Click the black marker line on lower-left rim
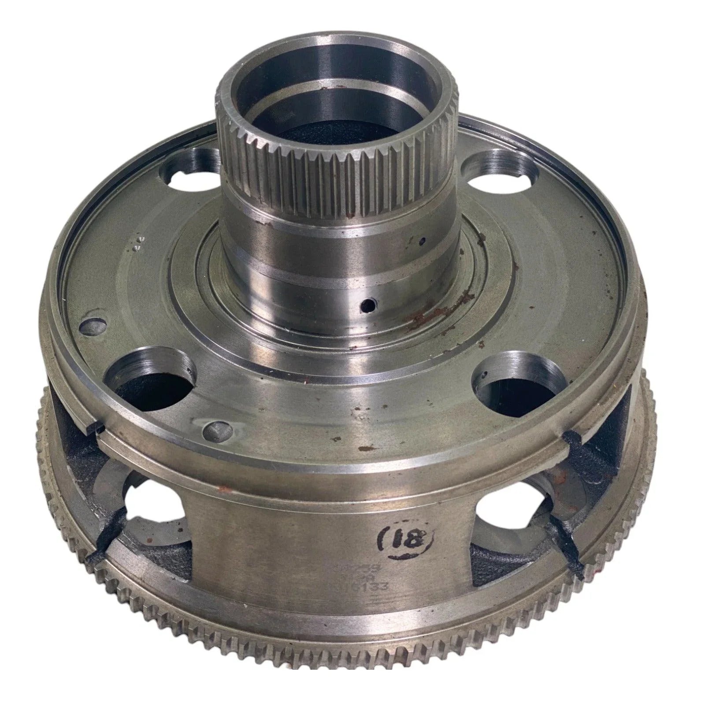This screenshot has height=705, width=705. coord(110,537)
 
